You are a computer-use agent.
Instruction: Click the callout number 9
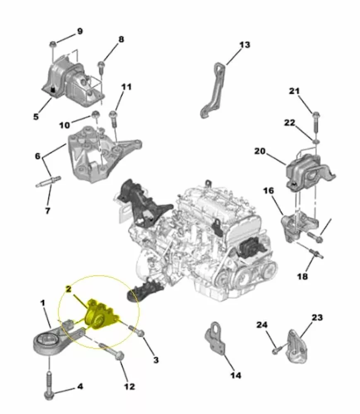[79, 31]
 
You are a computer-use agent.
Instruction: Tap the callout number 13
[245, 45]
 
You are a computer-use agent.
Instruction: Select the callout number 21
[294, 91]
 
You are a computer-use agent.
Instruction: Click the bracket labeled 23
[297, 347]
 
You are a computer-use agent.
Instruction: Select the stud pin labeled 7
[48, 182]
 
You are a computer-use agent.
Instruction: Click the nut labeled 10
[95, 115]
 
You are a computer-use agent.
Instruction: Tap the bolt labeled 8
[101, 69]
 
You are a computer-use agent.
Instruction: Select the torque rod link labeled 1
[57, 337]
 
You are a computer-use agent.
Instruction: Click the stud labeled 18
[316, 253]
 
